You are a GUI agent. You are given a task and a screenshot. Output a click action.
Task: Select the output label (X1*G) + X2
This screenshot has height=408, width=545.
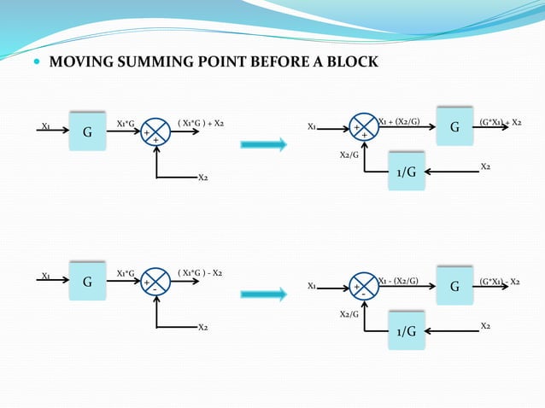click(201, 124)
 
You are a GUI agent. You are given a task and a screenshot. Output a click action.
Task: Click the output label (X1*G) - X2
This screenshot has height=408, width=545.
click(201, 273)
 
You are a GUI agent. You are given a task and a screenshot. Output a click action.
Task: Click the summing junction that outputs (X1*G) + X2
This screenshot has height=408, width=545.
click(156, 133)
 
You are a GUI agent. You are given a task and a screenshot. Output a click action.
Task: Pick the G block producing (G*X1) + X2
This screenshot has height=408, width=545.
click(454, 127)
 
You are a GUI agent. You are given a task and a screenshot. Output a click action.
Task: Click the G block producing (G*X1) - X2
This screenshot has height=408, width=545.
click(454, 286)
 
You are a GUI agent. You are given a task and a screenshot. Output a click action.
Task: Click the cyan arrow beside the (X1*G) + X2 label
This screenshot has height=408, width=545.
click(263, 145)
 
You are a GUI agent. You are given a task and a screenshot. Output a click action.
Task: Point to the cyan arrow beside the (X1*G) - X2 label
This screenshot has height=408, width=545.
click(263, 294)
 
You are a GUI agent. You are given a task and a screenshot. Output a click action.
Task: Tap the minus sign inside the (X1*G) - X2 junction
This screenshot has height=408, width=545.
click(155, 290)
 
